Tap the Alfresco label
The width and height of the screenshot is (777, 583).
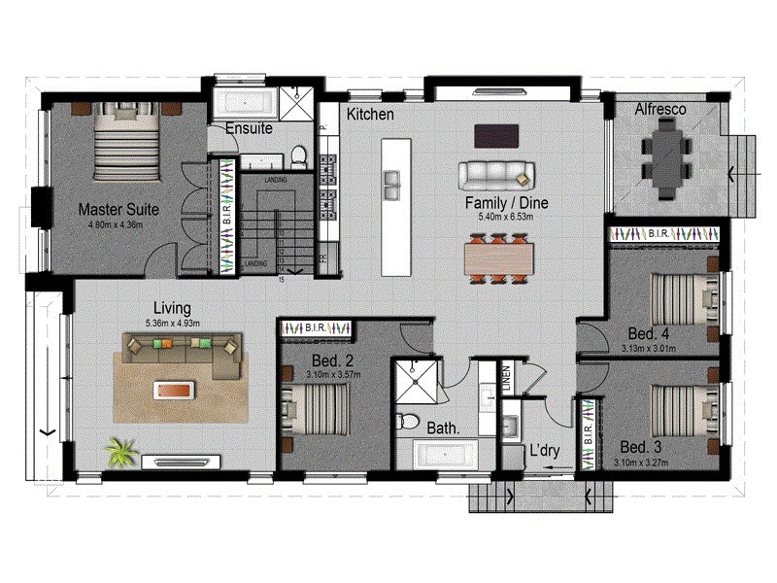(x=660, y=110)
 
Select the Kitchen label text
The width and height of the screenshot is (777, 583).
(x=371, y=115)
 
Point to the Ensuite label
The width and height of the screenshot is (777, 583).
(x=249, y=128)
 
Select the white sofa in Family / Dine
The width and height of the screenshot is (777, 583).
(x=496, y=175)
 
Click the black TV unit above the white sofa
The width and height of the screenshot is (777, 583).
(x=495, y=135)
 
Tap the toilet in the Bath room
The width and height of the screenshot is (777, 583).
(x=410, y=423)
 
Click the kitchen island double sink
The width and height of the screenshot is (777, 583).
(x=393, y=180)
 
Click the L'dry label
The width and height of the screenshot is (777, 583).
(x=543, y=451)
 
